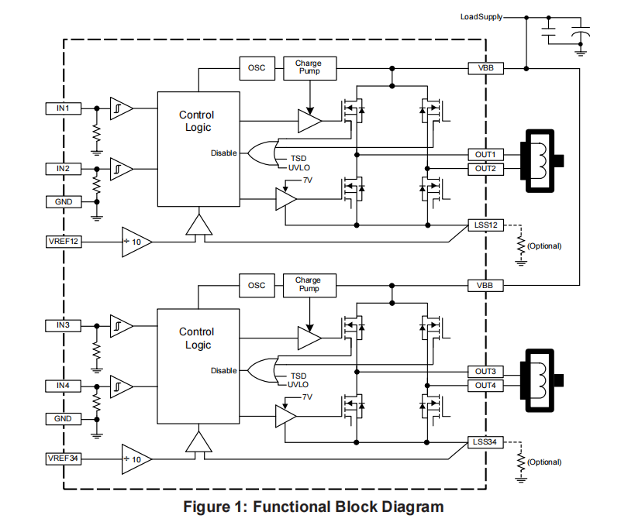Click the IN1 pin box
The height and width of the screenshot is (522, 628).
coord(63,108)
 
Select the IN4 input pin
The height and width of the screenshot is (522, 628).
coord(63,385)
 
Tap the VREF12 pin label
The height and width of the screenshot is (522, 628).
coord(63,242)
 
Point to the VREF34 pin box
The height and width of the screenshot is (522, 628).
coord(63,458)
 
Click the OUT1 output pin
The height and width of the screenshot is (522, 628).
coord(486,154)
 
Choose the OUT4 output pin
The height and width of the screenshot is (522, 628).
coord(486,385)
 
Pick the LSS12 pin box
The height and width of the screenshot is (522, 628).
coord(486,225)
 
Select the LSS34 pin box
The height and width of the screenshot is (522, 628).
coord(486,442)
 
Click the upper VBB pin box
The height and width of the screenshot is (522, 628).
coord(486,68)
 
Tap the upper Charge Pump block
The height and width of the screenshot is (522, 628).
coord(309,68)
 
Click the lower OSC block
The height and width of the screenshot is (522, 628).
coord(257,285)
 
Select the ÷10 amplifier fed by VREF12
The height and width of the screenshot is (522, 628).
coord(136,242)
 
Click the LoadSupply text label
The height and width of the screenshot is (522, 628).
coord(481,16)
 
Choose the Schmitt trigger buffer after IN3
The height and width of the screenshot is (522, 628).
coord(121,325)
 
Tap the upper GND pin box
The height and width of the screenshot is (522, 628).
coord(63,201)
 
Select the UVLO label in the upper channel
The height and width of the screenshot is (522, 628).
coord(299,167)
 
